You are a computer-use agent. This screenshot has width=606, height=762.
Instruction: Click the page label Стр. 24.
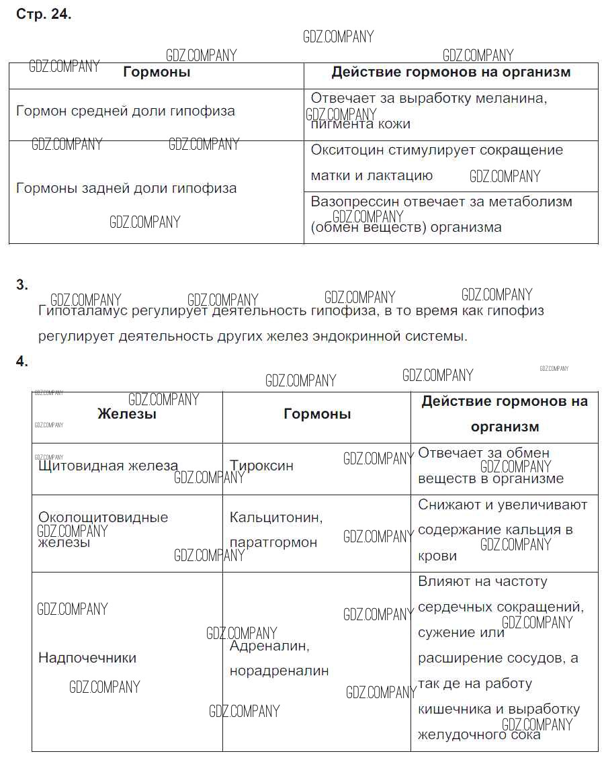coord(44,14)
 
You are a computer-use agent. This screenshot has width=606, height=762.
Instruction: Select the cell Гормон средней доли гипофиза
coord(126,111)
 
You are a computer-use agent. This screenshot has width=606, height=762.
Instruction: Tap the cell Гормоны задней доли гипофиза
coord(126,188)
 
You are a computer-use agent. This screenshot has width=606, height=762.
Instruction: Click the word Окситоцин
coord(346,150)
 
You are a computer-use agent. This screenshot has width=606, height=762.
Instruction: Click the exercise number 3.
coord(22,285)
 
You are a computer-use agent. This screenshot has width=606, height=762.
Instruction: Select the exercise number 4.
coord(22,362)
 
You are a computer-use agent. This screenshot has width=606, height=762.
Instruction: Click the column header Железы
coord(127,414)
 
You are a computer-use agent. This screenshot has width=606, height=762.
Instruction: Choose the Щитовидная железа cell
coord(108,466)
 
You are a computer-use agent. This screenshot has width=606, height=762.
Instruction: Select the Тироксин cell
coord(261,466)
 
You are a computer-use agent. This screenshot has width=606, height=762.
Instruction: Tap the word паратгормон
coord(273,542)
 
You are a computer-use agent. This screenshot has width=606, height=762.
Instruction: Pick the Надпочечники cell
coord(87,658)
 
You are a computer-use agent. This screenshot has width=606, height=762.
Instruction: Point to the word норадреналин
coord(279,671)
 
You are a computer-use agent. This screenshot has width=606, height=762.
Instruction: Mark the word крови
coord(437,556)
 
